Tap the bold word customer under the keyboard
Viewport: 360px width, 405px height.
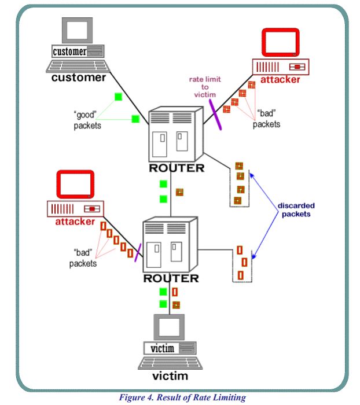[79, 77]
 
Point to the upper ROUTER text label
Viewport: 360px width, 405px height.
[176, 168]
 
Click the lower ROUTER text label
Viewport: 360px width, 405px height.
[171, 278]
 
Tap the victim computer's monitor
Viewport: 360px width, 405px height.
[170, 327]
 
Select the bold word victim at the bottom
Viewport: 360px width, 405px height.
[170, 377]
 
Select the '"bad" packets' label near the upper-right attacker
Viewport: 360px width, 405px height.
[267, 119]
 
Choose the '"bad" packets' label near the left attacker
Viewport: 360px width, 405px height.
[83, 258]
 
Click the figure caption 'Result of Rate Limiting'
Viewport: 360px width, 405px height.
[182, 397]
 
